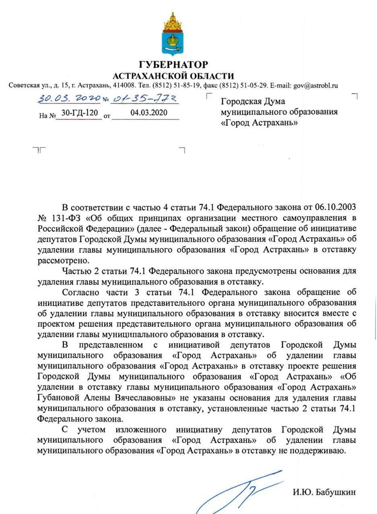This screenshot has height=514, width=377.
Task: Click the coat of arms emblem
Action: pyautogui.click(x=173, y=34)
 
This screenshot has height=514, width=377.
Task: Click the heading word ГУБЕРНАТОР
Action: pyautogui.click(x=173, y=65)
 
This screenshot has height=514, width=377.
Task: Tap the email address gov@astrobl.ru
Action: pyautogui.click(x=315, y=86)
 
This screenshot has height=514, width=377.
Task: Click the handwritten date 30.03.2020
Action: pyautogui.click(x=69, y=99)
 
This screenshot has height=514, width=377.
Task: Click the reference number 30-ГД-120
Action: pyautogui.click(x=79, y=113)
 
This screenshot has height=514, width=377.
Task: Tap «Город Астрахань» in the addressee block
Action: pyautogui.click(x=260, y=122)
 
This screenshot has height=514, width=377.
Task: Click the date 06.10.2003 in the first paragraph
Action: pyautogui.click(x=336, y=208)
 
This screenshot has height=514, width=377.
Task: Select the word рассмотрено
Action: pyautogui.click(x=59, y=260)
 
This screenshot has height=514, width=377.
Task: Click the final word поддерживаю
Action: pyautogui.click(x=321, y=451)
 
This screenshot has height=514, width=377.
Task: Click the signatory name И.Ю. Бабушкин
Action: pyautogui.click(x=324, y=492)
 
